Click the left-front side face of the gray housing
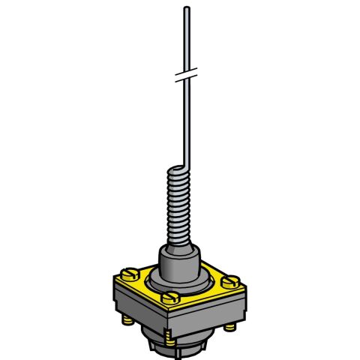tap(142, 319)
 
